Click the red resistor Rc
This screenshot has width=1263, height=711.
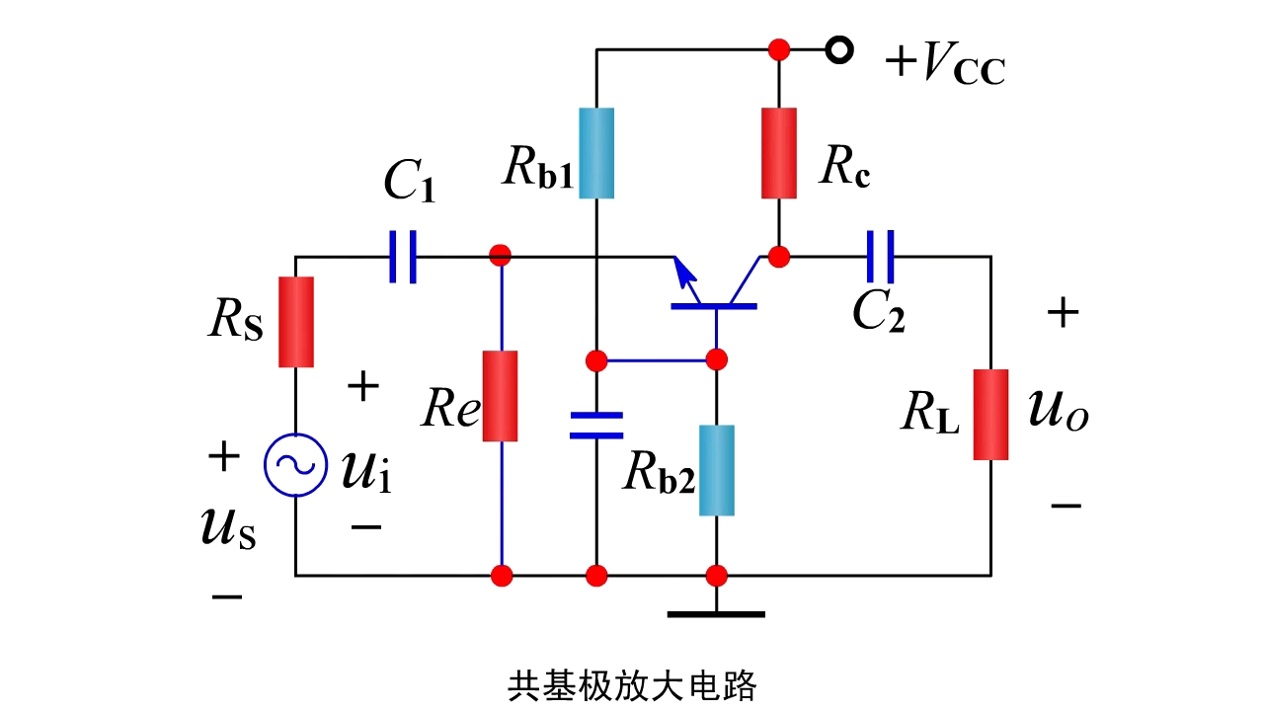(x=779, y=153)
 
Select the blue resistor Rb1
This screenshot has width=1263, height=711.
(x=596, y=153)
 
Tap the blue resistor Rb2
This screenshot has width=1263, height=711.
(x=717, y=470)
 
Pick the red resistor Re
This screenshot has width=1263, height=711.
(x=501, y=395)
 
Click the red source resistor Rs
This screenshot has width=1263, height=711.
(x=295, y=322)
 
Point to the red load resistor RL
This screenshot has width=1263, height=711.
(x=990, y=415)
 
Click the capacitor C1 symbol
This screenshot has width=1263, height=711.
(x=402, y=257)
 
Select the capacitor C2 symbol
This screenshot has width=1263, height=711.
(x=880, y=257)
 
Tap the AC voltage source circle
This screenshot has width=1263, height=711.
(x=295, y=465)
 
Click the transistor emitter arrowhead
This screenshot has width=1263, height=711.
(x=680, y=267)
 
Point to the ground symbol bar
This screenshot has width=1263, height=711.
(x=716, y=614)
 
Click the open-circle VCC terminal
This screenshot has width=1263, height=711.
(x=838, y=49)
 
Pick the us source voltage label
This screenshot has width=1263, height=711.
(x=228, y=528)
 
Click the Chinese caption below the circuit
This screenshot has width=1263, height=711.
(x=632, y=684)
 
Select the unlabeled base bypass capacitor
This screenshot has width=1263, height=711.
(x=596, y=425)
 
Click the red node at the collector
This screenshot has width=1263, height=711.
(x=779, y=257)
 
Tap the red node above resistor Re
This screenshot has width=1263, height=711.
(x=501, y=256)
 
